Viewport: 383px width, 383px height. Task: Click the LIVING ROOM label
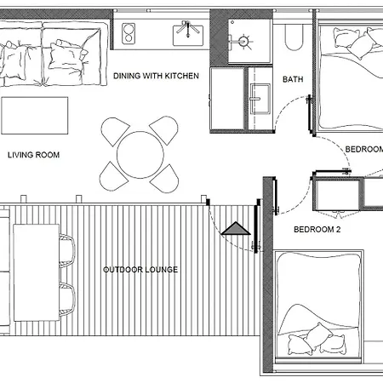[33, 155]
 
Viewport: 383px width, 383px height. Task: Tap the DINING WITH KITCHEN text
[156, 76]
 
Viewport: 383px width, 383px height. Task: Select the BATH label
[293, 79]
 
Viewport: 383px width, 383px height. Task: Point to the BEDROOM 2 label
[317, 229]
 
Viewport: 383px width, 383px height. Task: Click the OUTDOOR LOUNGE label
[140, 270]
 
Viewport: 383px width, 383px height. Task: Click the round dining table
[140, 155]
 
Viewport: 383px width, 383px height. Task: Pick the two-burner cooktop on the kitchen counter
[129, 33]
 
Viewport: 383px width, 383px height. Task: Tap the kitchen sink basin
[188, 36]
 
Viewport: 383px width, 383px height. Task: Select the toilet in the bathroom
[294, 37]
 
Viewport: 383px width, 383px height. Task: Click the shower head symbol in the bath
[243, 42]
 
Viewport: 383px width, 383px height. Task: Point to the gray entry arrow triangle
[236, 228]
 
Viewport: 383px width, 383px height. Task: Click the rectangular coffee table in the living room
[35, 116]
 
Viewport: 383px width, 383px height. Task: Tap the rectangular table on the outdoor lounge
[37, 272]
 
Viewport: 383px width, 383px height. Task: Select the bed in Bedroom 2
[319, 306]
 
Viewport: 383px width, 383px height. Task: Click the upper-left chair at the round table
[115, 131]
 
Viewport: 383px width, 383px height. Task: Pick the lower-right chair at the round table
[164, 179]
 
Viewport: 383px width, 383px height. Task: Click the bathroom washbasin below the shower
[260, 99]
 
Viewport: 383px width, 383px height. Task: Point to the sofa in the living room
[54, 54]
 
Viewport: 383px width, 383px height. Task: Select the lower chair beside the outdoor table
[67, 300]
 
